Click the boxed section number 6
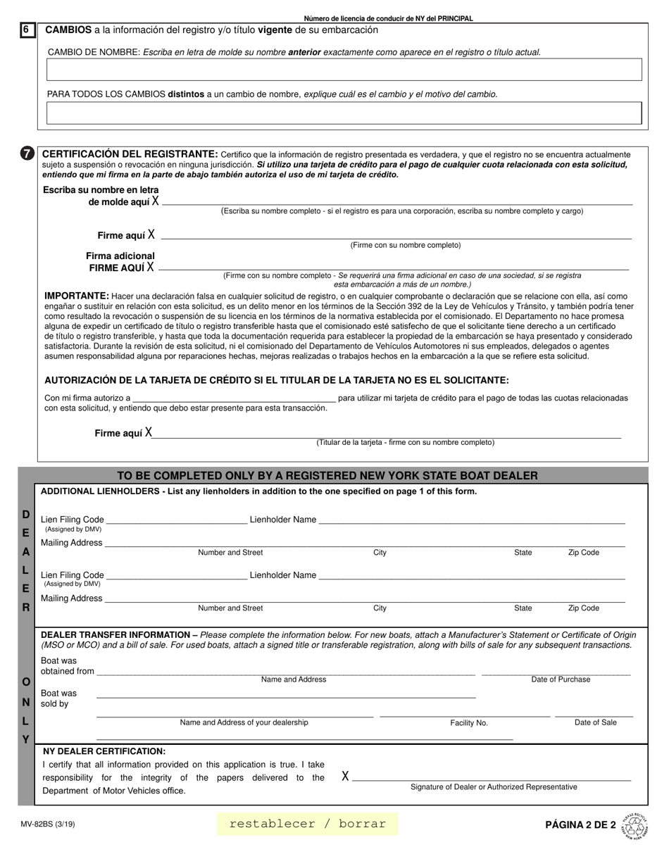[27, 30]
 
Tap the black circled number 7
[27, 153]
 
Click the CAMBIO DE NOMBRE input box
[344, 70]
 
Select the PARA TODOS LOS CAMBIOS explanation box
[344, 113]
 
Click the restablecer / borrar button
[308, 824]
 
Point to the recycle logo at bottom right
[634, 824]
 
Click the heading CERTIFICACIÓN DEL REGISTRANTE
[130, 153]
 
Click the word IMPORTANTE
[77, 296]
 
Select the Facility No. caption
[469, 723]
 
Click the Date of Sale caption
[595, 722]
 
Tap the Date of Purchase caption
[561, 679]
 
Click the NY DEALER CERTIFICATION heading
[104, 751]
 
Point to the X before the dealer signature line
[345, 777]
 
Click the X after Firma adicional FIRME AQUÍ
[150, 268]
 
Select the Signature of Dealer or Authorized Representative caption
[494, 787]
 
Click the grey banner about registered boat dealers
[327, 476]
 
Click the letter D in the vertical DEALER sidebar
[26, 515]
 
